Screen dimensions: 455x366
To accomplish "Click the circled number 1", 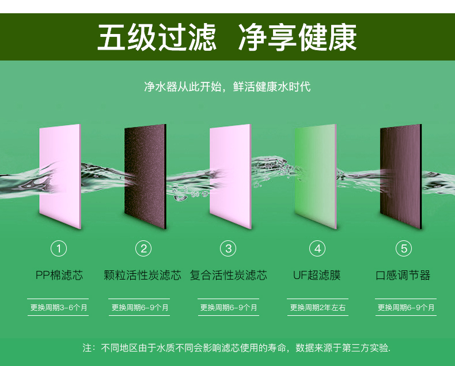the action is coord(59,248).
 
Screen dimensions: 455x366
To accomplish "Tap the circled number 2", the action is coord(143,248).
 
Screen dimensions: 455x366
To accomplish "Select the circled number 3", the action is coord(228,248).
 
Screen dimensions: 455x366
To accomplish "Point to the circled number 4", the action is coord(317,248).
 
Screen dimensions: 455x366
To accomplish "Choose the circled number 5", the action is coord(404,248).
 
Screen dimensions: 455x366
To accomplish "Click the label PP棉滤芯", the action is coord(59,275).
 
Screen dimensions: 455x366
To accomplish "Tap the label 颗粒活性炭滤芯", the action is coord(142,275).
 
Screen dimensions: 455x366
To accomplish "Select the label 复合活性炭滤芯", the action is coord(229,275).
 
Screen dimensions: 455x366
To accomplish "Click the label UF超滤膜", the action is coord(317,275).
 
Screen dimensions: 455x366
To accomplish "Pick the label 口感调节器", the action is coord(403,275).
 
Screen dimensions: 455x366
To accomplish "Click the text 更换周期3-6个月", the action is coord(59,307).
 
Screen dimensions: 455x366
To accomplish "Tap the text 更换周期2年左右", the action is coord(318,307).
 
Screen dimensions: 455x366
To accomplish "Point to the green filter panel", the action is coord(316,176).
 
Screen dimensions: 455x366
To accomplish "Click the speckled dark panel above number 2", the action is coord(145,176).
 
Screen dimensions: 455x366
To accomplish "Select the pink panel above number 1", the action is coord(60,176).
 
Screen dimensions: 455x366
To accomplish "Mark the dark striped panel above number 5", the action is coord(401,176).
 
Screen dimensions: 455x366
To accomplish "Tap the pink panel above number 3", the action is coord(231,176).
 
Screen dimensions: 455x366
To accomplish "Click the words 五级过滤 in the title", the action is coord(157,37).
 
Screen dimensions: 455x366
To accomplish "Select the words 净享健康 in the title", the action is coord(297,37).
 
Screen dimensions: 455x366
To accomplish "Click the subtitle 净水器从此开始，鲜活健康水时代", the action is coord(227,86).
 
